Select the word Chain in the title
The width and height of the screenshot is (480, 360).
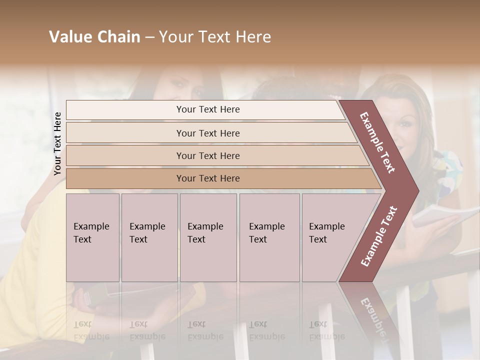pos(117,37)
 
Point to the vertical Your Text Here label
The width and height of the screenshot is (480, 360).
pos(57,143)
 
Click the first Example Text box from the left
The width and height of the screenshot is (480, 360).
pos(92,237)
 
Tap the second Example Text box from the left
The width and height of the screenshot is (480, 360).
pos(149,237)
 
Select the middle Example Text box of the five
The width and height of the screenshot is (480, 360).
pos(208,237)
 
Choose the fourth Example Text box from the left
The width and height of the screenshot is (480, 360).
pos(269,237)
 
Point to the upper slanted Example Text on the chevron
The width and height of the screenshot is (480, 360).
pos(378,143)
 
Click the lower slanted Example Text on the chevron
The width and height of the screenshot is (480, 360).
pos(379,236)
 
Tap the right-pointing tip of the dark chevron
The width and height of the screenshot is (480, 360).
pos(415,191)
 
